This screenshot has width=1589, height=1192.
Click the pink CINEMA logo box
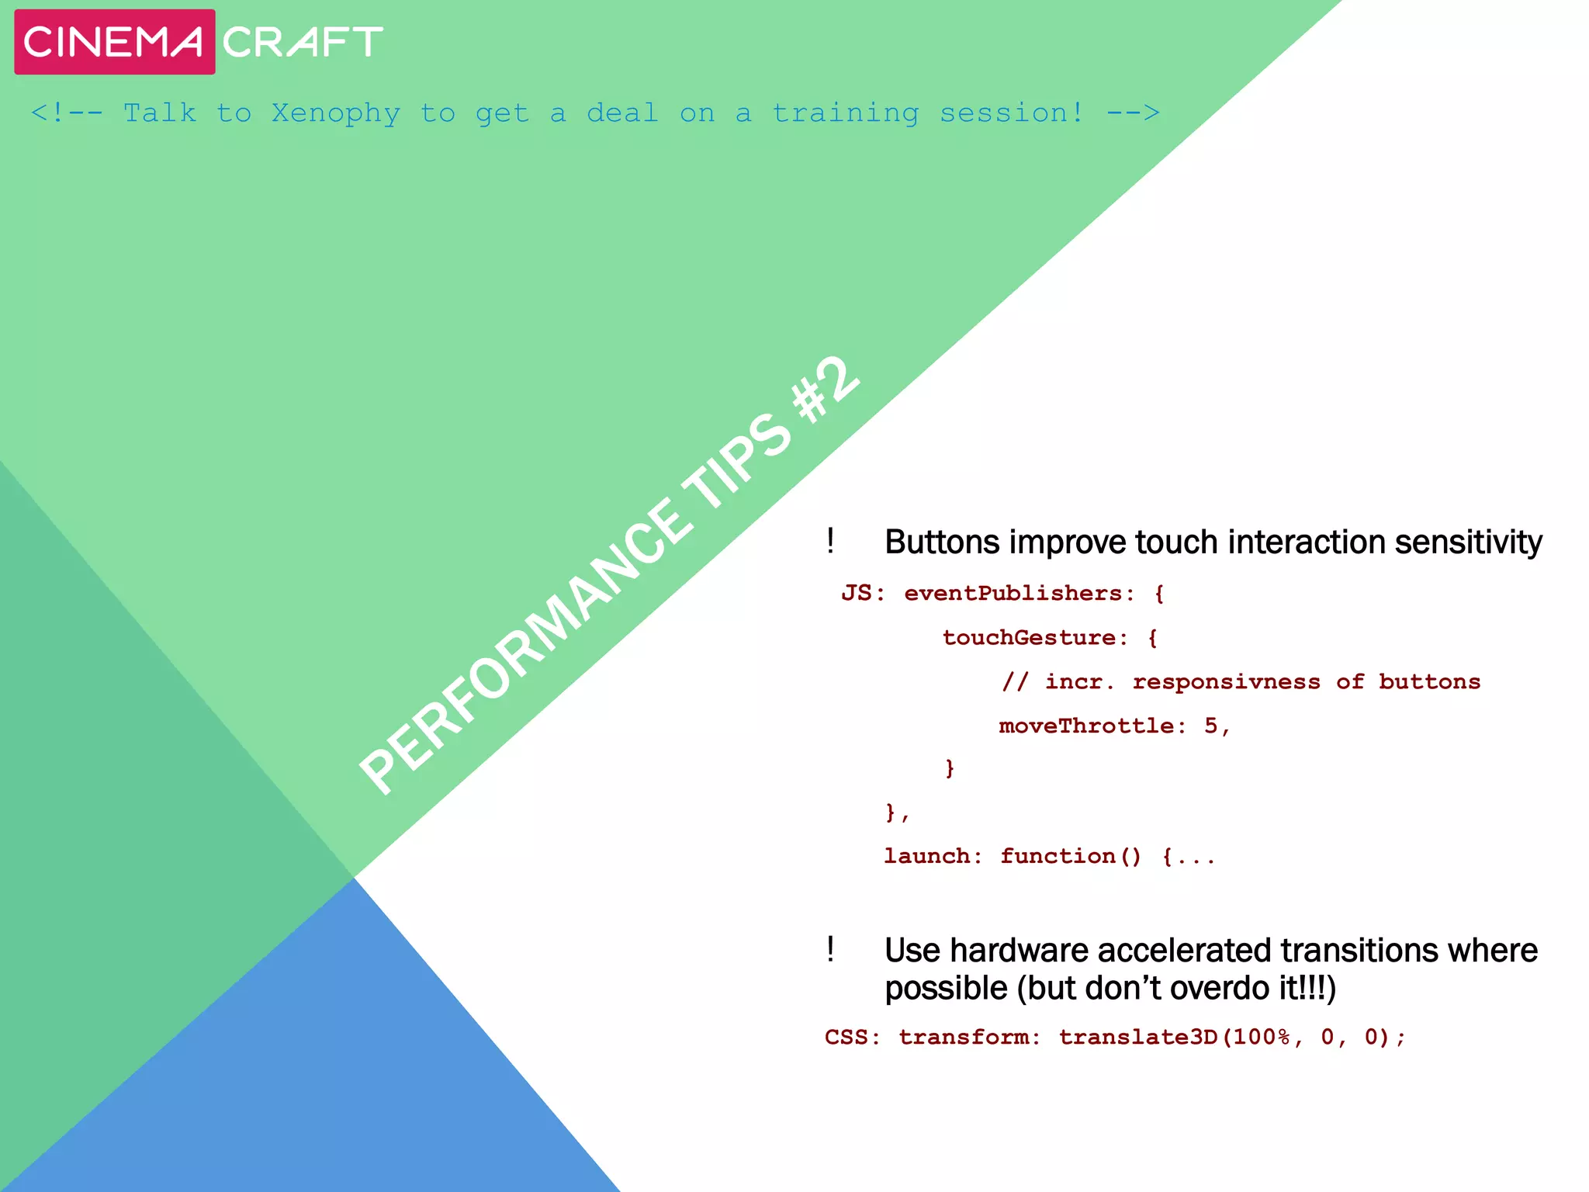click(x=114, y=42)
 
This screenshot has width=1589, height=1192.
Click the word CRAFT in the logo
click(x=303, y=42)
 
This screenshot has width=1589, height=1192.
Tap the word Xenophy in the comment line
click(x=336, y=113)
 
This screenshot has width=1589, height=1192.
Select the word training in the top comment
click(x=846, y=113)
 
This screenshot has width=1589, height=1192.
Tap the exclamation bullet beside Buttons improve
click(x=830, y=541)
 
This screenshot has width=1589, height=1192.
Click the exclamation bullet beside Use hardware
click(x=830, y=949)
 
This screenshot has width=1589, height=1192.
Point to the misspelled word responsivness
click(x=1226, y=682)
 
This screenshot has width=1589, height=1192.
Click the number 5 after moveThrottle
click(x=1211, y=726)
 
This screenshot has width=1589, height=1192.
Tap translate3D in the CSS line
click(x=1139, y=1038)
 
